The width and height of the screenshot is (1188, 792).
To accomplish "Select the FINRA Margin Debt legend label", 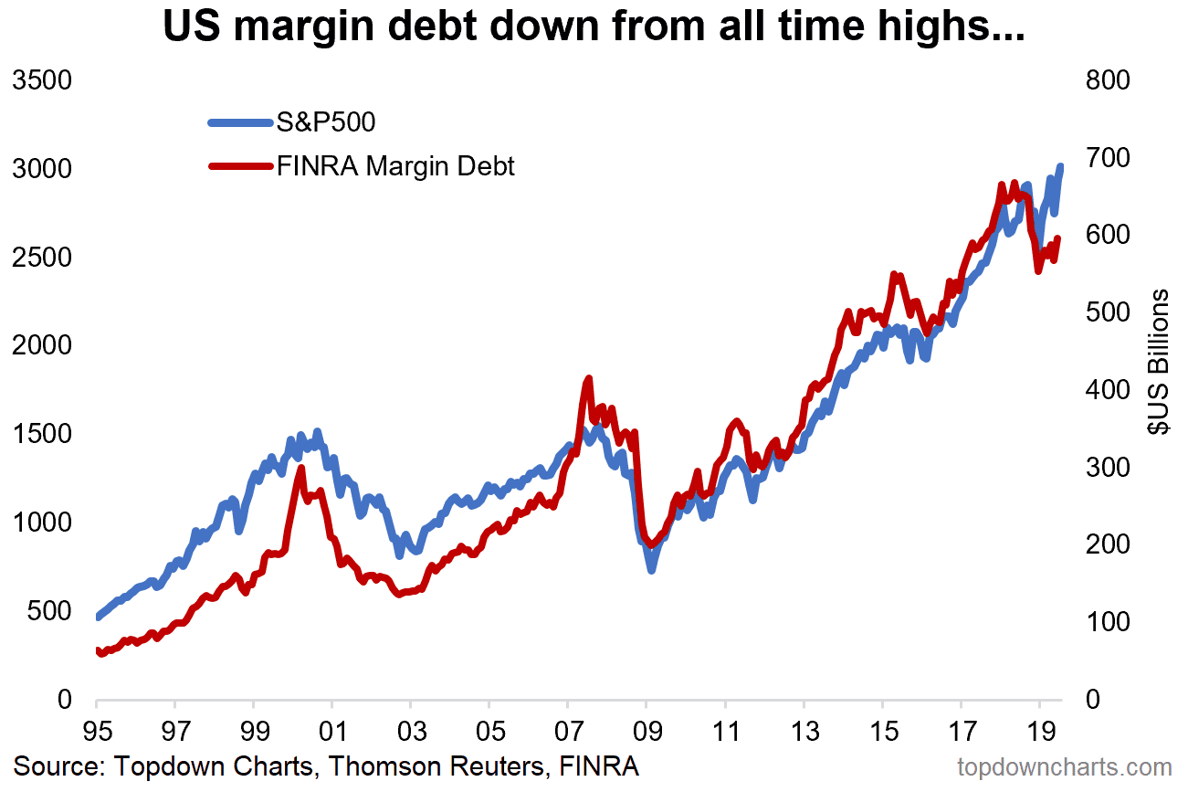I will tap(395, 166).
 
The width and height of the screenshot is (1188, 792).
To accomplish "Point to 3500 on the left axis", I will tap(40, 80).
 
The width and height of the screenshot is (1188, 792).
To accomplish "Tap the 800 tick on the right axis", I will tap(1108, 80).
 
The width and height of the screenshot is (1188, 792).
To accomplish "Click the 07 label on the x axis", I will tap(568, 732).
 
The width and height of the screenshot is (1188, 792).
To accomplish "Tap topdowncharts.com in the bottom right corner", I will tap(1064, 766).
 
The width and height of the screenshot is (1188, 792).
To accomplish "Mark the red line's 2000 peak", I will tap(300, 470).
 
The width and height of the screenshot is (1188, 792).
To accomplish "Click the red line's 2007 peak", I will tap(589, 378).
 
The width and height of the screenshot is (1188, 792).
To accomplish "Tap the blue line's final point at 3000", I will tap(1060, 167).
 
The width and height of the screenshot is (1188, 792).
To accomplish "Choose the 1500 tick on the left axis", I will tap(40, 434).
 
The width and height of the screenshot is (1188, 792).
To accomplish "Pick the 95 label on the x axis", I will tap(97, 732).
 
